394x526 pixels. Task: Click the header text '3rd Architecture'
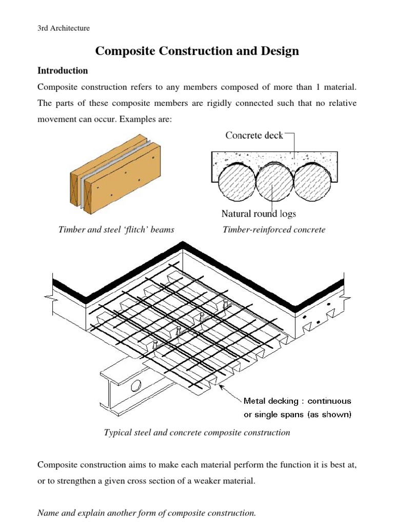(x=64, y=28)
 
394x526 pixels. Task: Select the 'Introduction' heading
(x=63, y=71)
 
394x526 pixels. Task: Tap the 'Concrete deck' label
(x=254, y=137)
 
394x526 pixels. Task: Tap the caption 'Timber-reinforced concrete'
(x=274, y=230)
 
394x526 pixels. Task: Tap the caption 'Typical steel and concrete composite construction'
(x=197, y=433)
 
